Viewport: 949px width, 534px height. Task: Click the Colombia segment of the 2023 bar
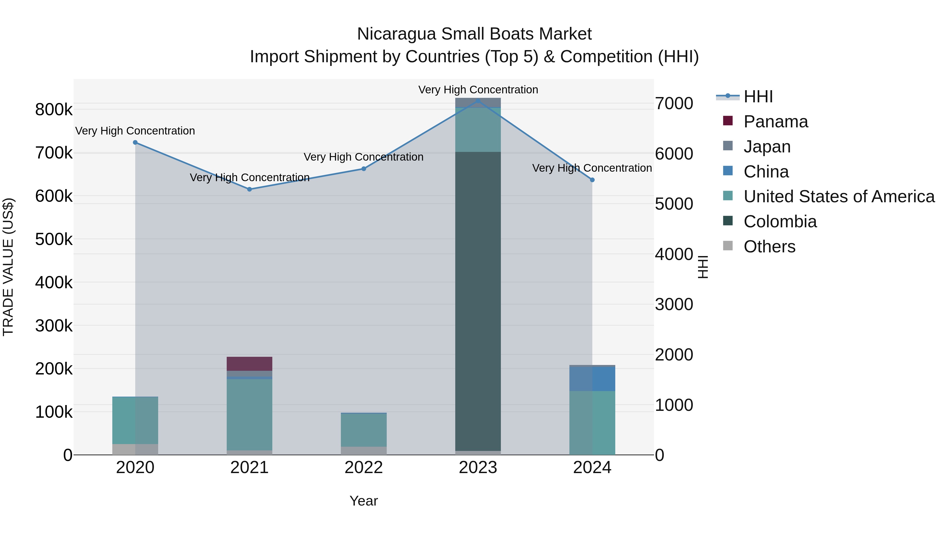[x=478, y=300]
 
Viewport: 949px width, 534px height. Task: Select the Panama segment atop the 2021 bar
[x=249, y=363]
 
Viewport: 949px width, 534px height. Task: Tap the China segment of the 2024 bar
[x=592, y=379]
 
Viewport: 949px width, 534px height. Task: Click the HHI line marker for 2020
[x=135, y=142]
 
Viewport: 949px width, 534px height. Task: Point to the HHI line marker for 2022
[x=364, y=169]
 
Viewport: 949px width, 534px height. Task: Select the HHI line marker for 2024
[x=592, y=180]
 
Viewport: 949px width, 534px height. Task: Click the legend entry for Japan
[x=767, y=147]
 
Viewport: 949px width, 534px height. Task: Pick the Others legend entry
[x=769, y=247]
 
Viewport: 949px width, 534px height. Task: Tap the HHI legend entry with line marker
[x=757, y=97]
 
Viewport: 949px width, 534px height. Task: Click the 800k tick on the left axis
[x=54, y=110]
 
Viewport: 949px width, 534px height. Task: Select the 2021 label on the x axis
[x=249, y=468]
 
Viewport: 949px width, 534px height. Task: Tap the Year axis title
[x=364, y=501]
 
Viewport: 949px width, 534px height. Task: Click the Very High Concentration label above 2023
[x=478, y=90]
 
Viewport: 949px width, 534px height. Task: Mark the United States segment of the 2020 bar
[x=135, y=420]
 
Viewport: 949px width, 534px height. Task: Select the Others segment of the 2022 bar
[x=364, y=451]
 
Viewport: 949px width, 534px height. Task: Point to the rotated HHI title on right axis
[x=703, y=267]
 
